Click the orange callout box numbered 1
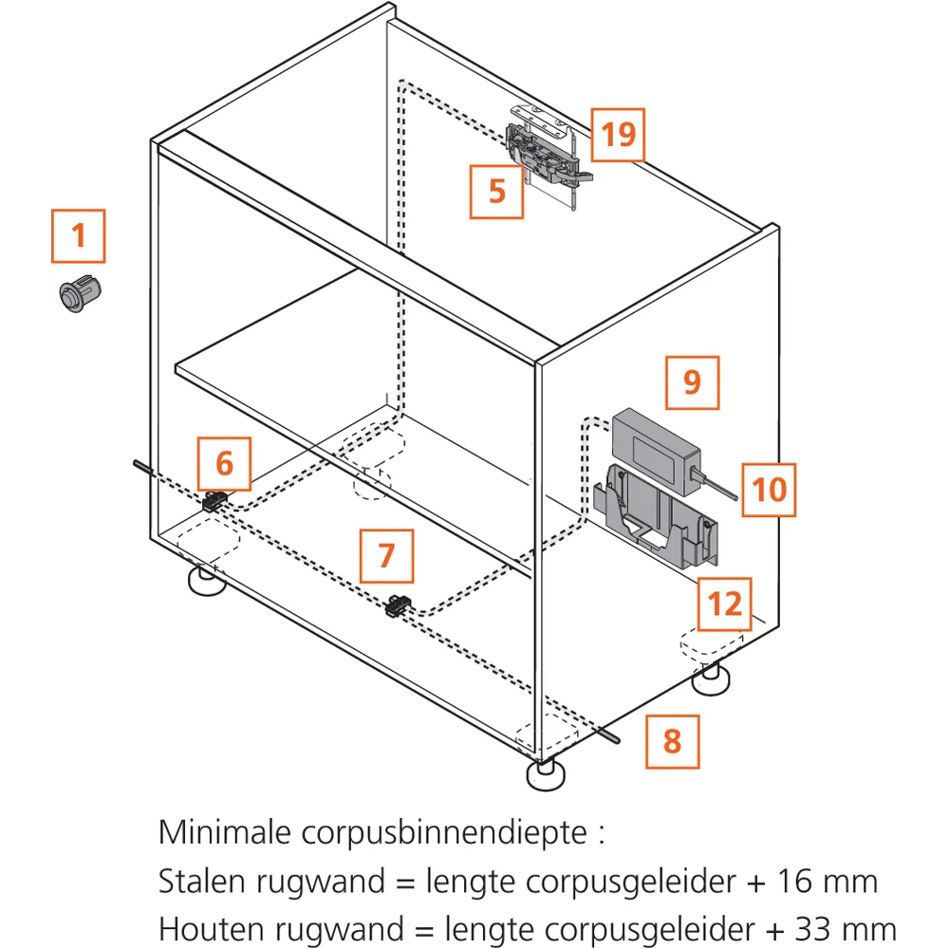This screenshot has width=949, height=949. click(x=78, y=236)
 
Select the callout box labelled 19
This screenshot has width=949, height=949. click(x=618, y=135)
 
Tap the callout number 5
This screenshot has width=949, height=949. click(x=497, y=192)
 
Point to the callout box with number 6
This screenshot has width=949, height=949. click(x=224, y=464)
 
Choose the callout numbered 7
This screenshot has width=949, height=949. click(x=387, y=555)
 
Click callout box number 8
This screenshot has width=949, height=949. click(x=673, y=741)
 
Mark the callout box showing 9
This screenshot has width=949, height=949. click(x=693, y=382)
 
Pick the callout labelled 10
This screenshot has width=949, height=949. click(x=769, y=490)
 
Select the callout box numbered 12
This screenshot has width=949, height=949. click(x=724, y=604)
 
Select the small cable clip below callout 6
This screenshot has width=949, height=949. click(x=214, y=501)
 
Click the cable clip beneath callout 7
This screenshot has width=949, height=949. click(x=399, y=605)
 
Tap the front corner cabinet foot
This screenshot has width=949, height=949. click(x=546, y=774)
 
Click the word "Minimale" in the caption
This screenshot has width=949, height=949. click(x=225, y=832)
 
